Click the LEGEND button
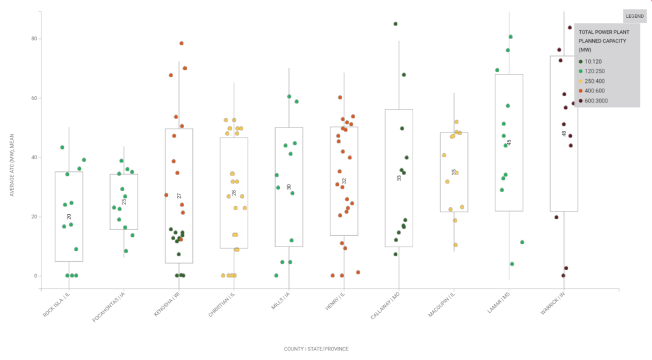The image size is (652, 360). click(634, 16)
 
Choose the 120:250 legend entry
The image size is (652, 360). click(595, 71)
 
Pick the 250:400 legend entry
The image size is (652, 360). click(595, 81)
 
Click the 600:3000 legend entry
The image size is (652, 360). click(597, 101)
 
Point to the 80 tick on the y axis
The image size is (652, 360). click(35, 39)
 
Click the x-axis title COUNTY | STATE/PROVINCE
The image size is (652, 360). click(316, 349)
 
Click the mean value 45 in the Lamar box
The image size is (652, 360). click(509, 143)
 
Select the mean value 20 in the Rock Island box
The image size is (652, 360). click(69, 217)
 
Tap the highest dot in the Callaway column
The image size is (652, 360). click(395, 24)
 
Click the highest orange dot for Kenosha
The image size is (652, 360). click(181, 43)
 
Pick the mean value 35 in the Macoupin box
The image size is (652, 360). click(454, 172)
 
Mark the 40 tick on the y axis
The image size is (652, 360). click(35, 157)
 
